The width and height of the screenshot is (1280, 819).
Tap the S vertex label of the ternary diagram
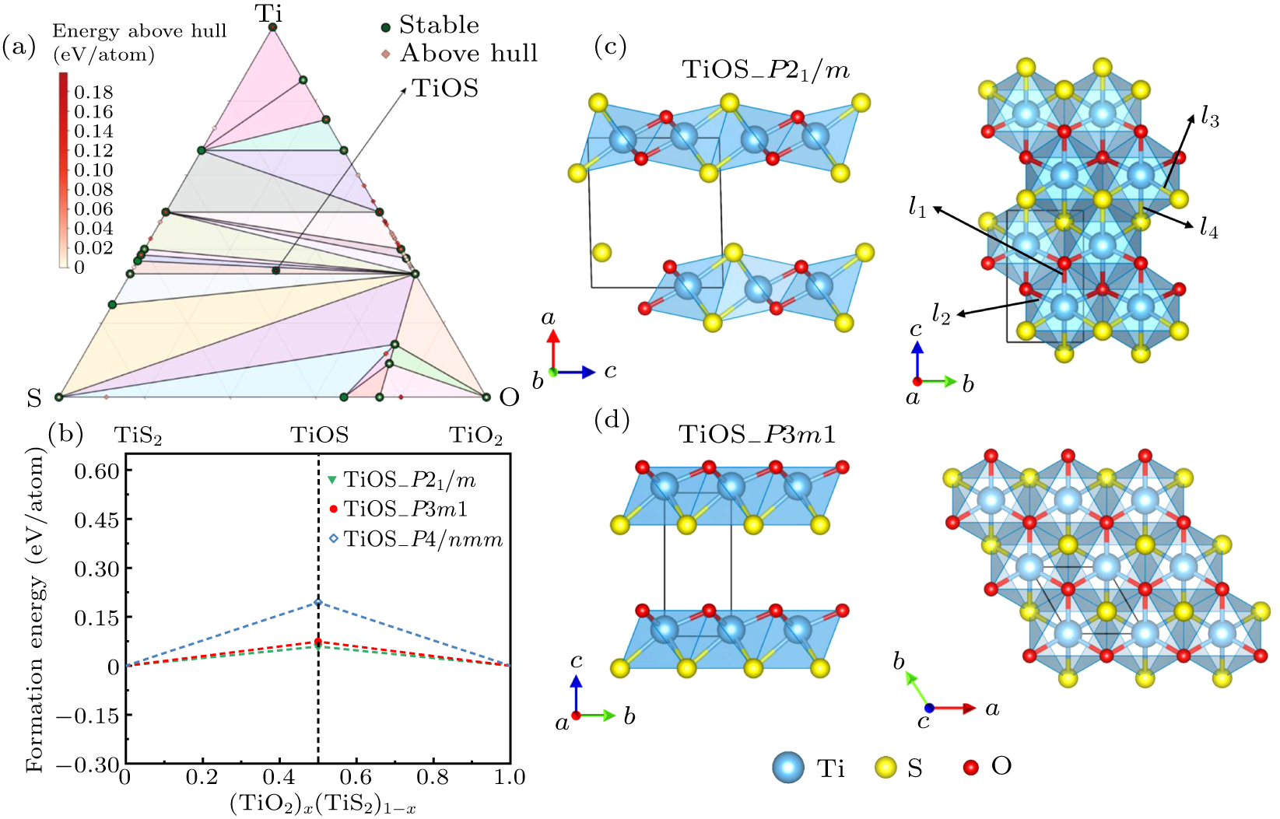pos(33,398)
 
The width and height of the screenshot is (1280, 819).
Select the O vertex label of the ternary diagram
pos(509,397)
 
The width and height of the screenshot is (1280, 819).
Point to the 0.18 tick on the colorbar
pos(93,92)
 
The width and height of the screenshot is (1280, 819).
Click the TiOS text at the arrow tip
pos(444,88)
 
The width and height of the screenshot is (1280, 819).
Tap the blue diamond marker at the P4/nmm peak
pos(317,602)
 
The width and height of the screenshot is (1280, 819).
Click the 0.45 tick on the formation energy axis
pos(96,520)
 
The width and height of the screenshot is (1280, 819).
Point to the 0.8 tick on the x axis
pos(433,777)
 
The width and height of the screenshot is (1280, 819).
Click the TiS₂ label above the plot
pos(139,436)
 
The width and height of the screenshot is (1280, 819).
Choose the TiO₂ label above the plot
pos(475,436)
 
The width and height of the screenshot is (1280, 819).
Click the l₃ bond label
pos(1209,118)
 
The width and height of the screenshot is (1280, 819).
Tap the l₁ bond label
pos(918,207)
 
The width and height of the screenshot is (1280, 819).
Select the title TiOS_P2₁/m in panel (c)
pos(766,71)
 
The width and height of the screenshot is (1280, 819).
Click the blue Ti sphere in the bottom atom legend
pos(788,767)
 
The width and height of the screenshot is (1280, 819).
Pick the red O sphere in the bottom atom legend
pos(970,767)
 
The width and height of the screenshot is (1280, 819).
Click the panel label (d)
pos(611,421)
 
